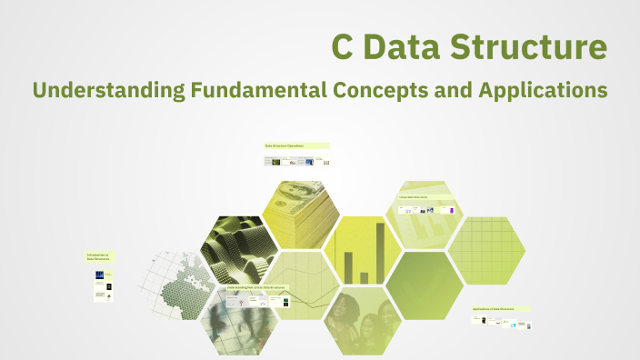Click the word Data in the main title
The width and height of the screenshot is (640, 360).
click(x=409, y=47)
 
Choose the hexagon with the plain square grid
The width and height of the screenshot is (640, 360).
click(x=485, y=249)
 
